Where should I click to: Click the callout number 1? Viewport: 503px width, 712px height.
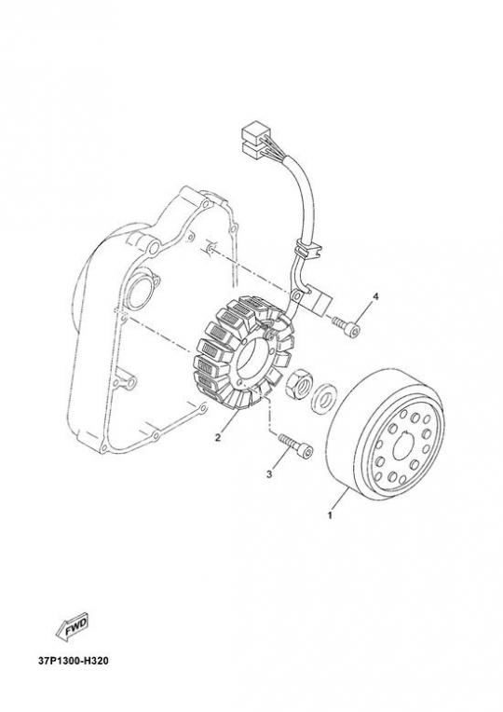330,515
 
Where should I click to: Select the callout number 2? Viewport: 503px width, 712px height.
218,437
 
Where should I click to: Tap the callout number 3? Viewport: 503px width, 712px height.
269,474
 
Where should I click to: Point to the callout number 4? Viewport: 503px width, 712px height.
375,297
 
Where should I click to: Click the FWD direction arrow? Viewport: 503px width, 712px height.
72,627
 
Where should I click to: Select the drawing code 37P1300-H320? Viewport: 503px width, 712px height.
74,661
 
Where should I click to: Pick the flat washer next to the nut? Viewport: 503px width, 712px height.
323,399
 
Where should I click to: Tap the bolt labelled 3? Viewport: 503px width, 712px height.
296,445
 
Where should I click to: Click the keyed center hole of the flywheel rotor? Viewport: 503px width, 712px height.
402,447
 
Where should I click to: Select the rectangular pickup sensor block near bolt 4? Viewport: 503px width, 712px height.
320,301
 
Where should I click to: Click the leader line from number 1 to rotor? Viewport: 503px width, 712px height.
341,500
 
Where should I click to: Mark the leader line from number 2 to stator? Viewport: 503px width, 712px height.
230,421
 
